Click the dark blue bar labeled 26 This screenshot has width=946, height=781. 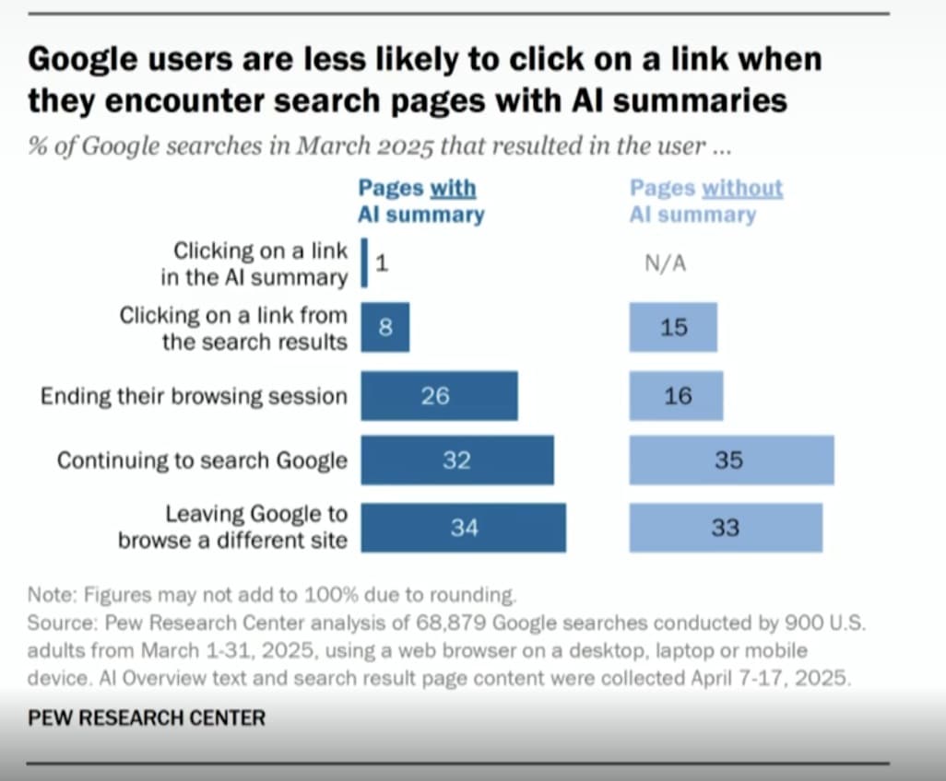439,395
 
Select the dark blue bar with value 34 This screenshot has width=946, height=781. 463,528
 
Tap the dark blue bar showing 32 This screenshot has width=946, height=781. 457,460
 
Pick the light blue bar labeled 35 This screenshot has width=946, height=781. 731,460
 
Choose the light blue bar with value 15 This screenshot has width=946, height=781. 673,327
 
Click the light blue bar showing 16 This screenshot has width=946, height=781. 676,395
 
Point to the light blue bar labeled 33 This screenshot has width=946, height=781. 726,528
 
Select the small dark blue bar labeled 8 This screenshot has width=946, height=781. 384,327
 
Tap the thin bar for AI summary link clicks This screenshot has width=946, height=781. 365,263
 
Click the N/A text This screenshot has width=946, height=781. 665,264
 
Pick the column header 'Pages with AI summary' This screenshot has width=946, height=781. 420,202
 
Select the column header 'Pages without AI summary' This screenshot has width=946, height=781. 705,202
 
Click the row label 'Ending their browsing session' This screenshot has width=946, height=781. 194,396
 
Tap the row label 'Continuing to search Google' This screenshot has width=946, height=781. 202,460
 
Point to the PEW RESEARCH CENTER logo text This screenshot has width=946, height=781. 147,717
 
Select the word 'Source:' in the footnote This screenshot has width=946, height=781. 62,622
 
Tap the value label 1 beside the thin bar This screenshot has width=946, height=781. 382,263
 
